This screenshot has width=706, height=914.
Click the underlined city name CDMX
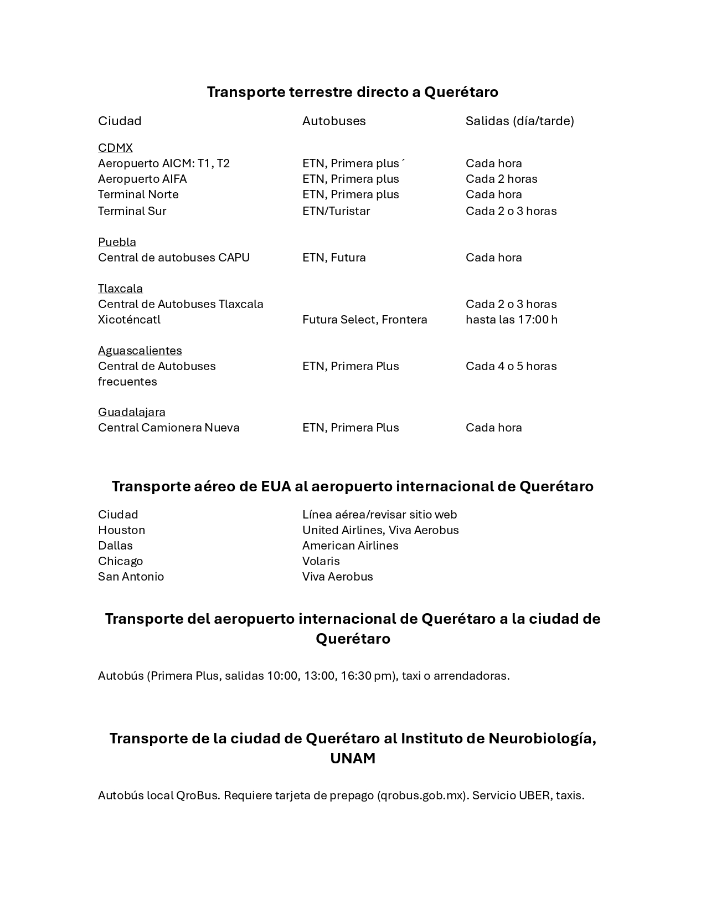point(115,148)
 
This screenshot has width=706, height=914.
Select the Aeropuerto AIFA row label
point(142,179)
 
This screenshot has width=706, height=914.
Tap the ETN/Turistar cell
point(336,211)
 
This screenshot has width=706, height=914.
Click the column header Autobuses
point(334,121)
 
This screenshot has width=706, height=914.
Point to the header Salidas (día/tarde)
point(519,121)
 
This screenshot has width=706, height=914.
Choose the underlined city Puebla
point(117,242)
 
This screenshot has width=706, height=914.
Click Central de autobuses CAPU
point(173,258)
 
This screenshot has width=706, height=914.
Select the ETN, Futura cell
point(334,258)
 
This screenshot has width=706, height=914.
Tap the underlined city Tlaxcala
point(120,289)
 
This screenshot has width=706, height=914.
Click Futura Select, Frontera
point(364,320)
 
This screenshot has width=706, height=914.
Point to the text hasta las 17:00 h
point(511,320)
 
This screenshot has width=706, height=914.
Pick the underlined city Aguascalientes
point(140,351)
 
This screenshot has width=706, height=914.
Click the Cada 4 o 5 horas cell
point(511,366)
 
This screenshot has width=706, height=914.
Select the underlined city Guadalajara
point(131,412)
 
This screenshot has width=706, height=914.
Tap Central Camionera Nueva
point(168,428)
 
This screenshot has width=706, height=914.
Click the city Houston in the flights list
point(121,530)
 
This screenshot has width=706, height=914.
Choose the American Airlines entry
point(350,546)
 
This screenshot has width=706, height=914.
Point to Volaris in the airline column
point(321,561)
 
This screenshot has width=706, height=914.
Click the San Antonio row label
point(131,577)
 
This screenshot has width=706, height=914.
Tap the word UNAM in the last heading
point(353,758)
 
